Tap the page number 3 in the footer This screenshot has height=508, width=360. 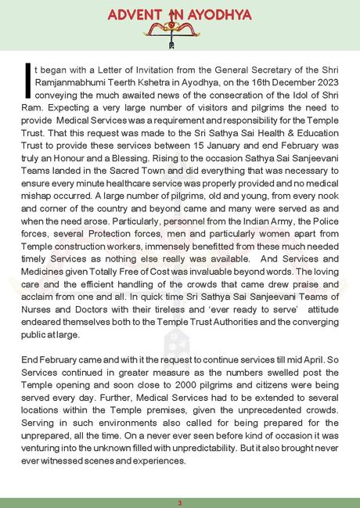click(179, 500)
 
